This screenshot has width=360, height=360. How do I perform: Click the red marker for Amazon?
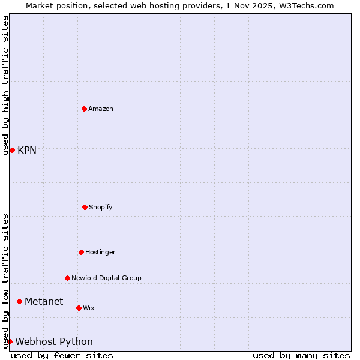(85, 109)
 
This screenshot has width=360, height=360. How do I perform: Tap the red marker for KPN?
(12, 150)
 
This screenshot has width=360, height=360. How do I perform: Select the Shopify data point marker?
(85, 207)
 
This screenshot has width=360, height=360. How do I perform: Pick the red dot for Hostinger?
(81, 252)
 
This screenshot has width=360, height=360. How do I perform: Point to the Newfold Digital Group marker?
(67, 278)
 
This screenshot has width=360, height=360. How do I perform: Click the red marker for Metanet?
(19, 301)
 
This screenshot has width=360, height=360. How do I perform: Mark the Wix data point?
(79, 308)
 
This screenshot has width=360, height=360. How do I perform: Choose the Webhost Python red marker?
(10, 341)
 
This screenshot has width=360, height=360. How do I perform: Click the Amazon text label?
(100, 109)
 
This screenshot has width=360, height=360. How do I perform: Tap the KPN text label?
(27, 150)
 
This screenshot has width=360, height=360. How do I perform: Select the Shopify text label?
(100, 207)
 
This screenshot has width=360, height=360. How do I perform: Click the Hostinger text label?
(100, 252)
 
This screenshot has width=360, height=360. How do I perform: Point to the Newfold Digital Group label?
(106, 278)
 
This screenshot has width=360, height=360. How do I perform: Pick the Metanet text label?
(44, 301)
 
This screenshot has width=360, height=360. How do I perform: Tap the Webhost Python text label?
(54, 341)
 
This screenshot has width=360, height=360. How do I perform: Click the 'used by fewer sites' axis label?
(62, 355)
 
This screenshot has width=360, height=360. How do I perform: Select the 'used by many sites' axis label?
(301, 355)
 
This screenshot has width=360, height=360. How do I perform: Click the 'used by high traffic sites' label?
(5, 85)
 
